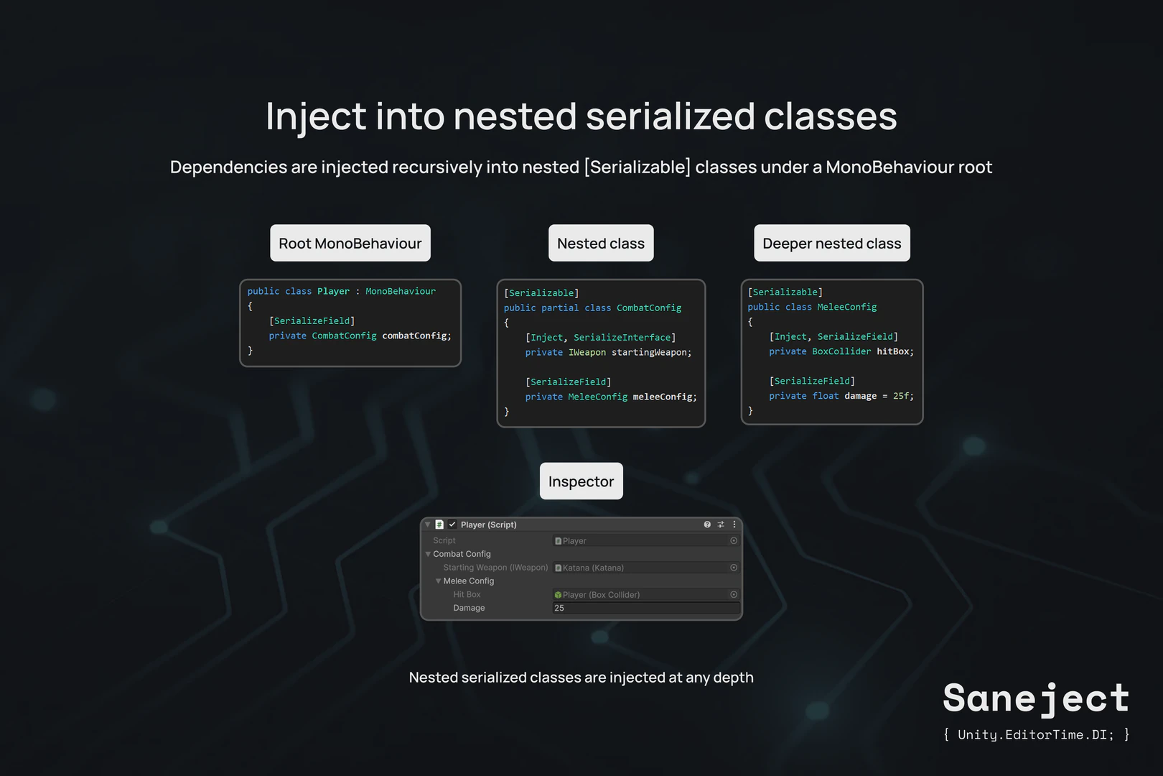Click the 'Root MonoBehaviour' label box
[x=350, y=244]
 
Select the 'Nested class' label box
[x=601, y=244]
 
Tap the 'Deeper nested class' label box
[x=831, y=244]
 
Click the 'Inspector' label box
[x=581, y=481]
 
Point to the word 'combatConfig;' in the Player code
[x=416, y=336]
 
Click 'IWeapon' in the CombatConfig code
[x=587, y=352]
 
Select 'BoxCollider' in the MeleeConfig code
[x=841, y=351]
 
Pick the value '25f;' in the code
[x=903, y=396]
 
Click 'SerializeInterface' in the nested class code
[x=622, y=337]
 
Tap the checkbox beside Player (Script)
[x=452, y=525]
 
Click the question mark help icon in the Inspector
[x=707, y=525]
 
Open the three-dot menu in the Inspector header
[x=734, y=525]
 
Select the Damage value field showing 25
[x=645, y=608]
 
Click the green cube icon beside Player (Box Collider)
[x=558, y=595]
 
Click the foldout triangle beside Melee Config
[x=438, y=581]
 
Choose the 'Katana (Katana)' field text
[x=593, y=568]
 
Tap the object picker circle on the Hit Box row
[x=734, y=595]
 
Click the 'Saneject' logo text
[x=1036, y=698]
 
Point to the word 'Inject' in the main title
[x=316, y=116]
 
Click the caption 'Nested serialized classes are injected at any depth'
[x=581, y=678]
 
